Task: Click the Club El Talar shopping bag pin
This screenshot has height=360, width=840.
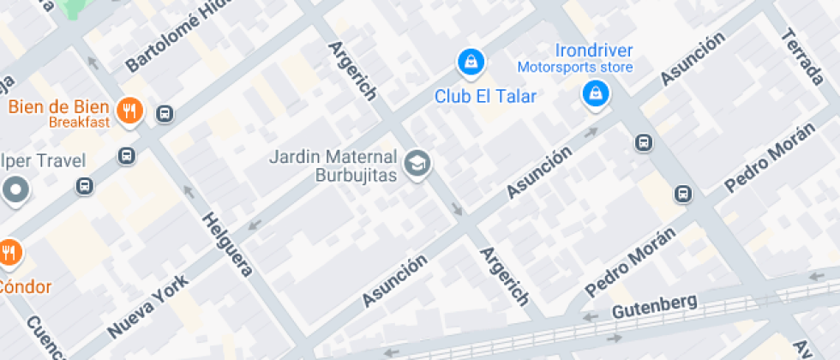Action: [471, 62]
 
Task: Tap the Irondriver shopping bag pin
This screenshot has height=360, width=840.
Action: [595, 93]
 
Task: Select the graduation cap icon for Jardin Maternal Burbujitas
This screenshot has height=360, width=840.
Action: [417, 163]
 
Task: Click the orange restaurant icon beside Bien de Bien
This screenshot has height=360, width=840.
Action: [129, 111]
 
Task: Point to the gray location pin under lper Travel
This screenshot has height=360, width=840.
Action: [14, 189]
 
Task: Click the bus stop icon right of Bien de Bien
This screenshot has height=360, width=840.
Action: [165, 112]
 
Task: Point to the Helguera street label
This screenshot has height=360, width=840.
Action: [227, 243]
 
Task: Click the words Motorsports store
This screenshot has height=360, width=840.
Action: [574, 67]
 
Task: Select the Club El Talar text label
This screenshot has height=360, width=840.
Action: [485, 95]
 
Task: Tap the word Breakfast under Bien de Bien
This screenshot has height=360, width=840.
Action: [79, 123]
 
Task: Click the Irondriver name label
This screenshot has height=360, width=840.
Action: [595, 51]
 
